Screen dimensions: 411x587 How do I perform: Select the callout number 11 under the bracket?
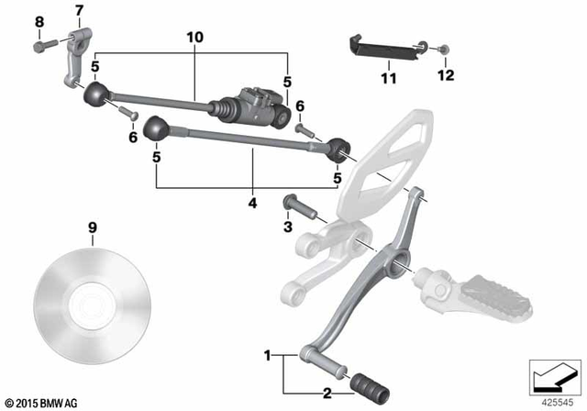tap(388, 79)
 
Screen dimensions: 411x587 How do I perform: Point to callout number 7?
tap(78, 11)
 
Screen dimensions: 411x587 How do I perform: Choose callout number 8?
tap(39, 20)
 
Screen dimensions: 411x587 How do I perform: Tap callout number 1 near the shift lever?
tap(268, 354)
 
